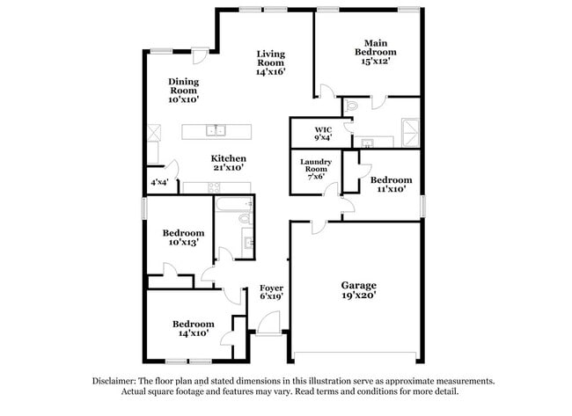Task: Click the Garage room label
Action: tap(358, 285)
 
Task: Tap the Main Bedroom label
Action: tap(376, 47)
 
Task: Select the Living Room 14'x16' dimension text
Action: tap(270, 72)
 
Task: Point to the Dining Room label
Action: tap(184, 86)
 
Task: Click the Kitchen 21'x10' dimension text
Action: tap(229, 168)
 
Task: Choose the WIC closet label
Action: tap(323, 130)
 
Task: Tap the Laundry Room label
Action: tap(316, 165)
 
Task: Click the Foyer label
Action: tap(271, 288)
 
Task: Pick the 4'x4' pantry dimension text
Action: tap(159, 182)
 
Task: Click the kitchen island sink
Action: tap(216, 130)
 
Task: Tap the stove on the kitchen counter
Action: tap(214, 187)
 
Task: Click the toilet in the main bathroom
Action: tap(352, 106)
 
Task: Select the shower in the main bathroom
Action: tap(410, 133)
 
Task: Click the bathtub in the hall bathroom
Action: tap(234, 204)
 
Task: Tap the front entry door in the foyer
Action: tap(269, 325)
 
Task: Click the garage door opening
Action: tap(355, 354)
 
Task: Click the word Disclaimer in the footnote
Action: tap(114, 382)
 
